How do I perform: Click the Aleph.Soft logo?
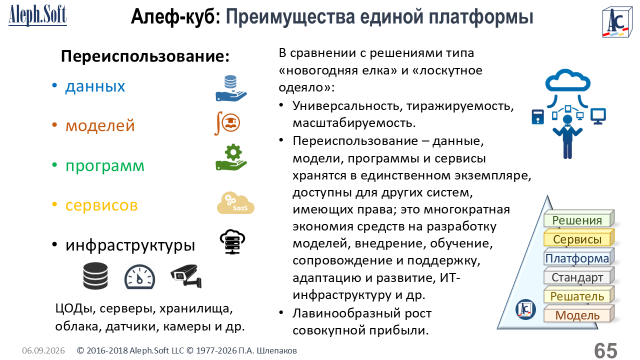click(37, 15)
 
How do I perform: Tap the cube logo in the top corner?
click(617, 22)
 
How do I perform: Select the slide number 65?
click(605, 350)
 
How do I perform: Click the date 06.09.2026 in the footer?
click(43, 350)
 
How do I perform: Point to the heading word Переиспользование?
click(145, 56)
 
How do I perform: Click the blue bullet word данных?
click(95, 86)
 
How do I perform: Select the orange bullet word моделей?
click(100, 125)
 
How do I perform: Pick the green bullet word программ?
click(105, 165)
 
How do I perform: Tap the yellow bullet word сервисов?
click(101, 205)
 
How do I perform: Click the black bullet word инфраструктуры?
click(130, 245)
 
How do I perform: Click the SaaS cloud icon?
click(235, 203)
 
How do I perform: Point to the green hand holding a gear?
click(231, 157)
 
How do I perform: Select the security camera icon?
click(186, 275)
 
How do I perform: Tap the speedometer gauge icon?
click(139, 276)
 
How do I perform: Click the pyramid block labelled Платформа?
click(579, 257)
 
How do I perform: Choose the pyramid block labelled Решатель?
click(579, 295)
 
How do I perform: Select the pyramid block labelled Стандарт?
click(579, 276)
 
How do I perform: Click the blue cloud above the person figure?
click(567, 80)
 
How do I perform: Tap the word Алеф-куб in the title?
click(175, 17)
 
